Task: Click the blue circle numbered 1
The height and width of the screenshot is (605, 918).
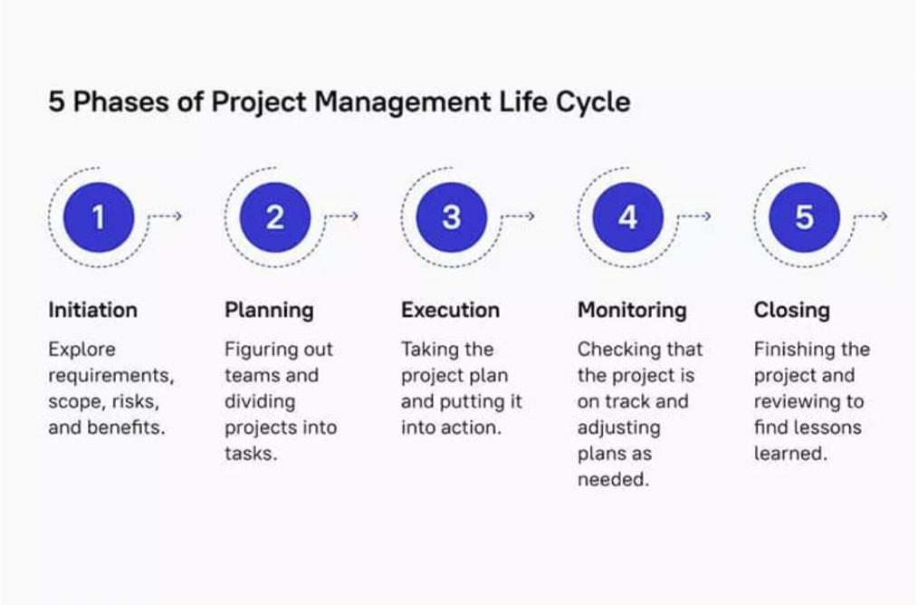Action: point(99,217)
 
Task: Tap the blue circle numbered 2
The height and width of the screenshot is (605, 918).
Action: point(275,217)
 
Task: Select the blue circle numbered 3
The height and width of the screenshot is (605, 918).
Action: point(452,217)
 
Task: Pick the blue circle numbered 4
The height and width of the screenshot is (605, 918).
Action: point(628,217)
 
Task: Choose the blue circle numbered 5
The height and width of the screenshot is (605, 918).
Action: point(805,217)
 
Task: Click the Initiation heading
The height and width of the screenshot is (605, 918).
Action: point(93,310)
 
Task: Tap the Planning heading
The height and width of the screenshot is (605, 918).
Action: point(269,311)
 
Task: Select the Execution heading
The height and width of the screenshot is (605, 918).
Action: point(450,310)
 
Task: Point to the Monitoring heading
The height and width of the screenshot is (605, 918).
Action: point(632,311)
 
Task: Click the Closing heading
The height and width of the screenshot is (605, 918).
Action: point(792,311)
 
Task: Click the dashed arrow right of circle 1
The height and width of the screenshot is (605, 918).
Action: point(166,216)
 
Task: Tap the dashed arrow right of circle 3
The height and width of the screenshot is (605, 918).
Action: point(519,216)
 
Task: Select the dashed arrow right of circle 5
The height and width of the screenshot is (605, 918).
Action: point(872,216)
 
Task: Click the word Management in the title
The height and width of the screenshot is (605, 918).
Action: point(403,102)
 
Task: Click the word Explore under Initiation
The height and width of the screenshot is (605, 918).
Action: point(82,350)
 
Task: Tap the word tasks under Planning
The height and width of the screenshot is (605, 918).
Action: point(251,454)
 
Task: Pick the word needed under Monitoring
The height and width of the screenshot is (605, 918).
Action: point(614,480)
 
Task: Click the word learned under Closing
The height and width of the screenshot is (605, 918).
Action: point(791,454)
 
